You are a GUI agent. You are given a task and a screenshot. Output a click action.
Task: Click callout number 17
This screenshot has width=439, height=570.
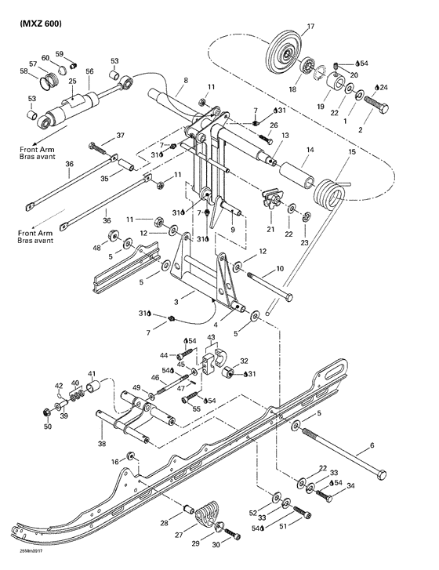click(310, 27)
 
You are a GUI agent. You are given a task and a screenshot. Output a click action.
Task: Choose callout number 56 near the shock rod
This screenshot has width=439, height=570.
click(89, 71)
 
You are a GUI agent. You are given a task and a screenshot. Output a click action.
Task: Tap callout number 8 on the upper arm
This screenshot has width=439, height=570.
click(185, 80)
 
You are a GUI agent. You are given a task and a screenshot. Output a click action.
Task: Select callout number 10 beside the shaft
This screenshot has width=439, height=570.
click(280, 269)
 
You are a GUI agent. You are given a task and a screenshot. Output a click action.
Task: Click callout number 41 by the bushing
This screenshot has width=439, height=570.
click(92, 373)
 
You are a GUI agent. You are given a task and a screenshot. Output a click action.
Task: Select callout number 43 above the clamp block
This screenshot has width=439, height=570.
click(209, 338)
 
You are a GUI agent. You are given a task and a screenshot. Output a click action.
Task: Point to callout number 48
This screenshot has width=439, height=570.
click(97, 248)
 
